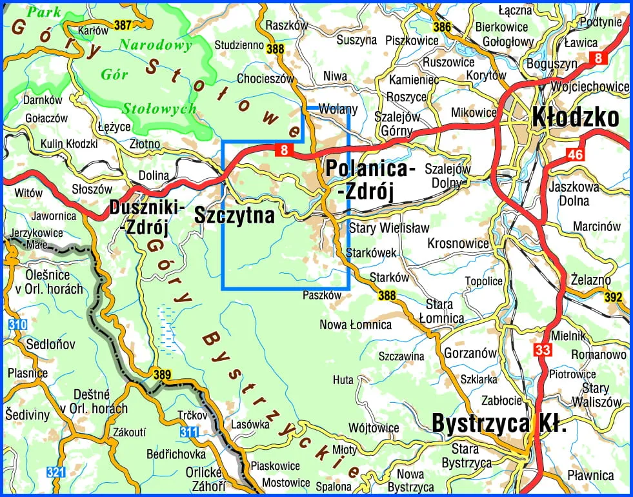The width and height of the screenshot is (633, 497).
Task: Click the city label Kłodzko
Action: click(575, 117)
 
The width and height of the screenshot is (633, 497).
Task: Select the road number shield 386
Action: click(442, 27)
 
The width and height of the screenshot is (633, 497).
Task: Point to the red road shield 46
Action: click(575, 154)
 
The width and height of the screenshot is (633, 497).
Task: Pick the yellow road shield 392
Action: click(614, 298)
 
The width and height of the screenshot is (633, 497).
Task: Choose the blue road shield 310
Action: click(17, 325)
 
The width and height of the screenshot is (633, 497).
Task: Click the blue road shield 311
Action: click(188, 431)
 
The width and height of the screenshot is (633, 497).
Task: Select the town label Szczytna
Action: click(234, 215)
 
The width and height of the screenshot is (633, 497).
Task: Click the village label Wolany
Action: click(338, 110)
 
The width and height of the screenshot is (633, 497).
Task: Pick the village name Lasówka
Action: click(249, 425)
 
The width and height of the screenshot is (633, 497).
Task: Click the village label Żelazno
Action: click(590, 279)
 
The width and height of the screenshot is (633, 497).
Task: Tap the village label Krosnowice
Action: click(458, 243)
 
